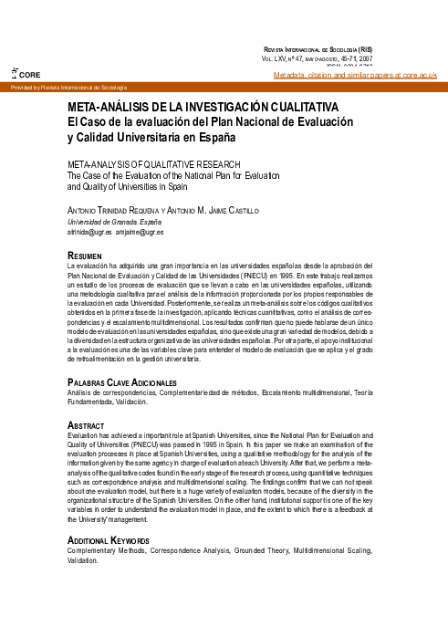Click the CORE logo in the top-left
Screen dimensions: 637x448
[20, 73]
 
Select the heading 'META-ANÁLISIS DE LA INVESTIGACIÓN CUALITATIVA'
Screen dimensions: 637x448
[203, 108]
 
